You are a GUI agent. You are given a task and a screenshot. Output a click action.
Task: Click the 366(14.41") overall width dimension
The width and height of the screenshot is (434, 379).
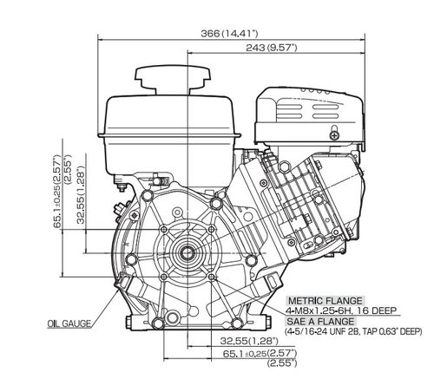tap(229, 33)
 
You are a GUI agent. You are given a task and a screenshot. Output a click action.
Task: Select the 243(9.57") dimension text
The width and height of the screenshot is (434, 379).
tap(272, 48)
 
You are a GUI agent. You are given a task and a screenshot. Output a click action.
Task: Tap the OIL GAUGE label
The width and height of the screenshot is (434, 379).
tap(69, 323)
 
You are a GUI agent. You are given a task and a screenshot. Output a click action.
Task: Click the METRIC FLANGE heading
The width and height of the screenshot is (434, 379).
tap(325, 301)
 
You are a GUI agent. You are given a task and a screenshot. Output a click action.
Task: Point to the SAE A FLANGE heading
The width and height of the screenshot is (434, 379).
tap(320, 321)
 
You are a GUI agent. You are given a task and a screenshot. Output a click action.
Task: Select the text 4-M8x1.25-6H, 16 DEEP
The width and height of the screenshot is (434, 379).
tap(340, 310)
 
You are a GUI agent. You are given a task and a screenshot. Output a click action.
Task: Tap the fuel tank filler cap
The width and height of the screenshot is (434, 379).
tap(173, 81)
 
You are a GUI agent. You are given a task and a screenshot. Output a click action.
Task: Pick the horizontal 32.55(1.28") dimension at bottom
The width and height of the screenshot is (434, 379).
tap(249, 341)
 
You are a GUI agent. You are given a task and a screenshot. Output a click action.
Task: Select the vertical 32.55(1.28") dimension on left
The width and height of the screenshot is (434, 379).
tap(82, 194)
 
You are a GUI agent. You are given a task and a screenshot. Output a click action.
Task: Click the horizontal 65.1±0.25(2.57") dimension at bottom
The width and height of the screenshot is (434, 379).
tap(260, 353)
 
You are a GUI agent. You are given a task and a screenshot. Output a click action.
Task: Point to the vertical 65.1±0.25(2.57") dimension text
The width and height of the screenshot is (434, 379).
tap(58, 192)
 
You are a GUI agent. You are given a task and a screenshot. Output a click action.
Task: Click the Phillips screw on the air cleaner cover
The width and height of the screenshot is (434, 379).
tap(334, 135)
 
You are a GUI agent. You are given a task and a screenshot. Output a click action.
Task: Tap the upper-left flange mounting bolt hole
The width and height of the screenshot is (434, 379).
tap(164, 229)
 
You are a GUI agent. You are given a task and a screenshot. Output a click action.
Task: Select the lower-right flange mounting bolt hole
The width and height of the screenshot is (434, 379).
tap(212, 277)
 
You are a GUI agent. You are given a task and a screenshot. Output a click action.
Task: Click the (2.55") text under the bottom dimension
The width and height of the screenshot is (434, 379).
tap(282, 363)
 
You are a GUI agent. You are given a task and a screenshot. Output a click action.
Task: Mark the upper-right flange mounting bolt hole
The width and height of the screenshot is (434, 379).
tap(212, 229)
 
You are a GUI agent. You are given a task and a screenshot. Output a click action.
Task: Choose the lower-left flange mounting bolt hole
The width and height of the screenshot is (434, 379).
tap(164, 277)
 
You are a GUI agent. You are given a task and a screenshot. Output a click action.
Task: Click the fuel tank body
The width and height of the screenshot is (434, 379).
tap(169, 139)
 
